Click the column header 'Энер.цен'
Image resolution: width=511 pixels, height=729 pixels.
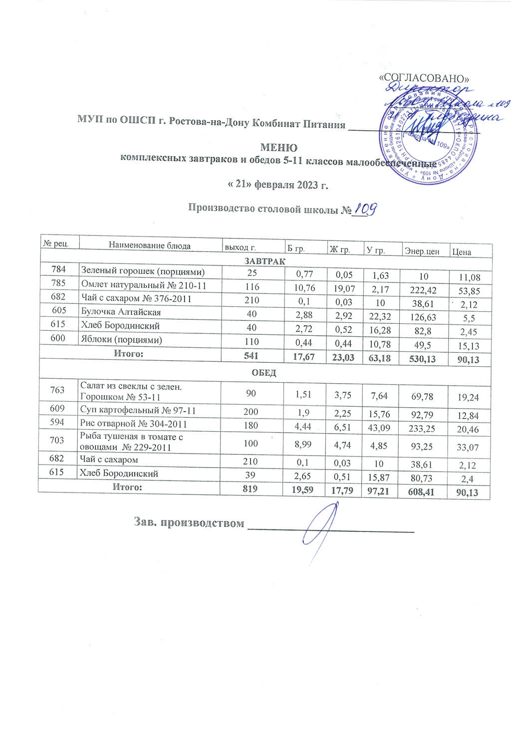coord(422,251)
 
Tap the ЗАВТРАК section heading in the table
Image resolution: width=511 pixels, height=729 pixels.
coord(264,261)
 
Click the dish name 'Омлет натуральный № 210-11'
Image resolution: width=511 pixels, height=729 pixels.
coord(143,286)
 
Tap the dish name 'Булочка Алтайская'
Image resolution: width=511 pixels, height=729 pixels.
coord(121,312)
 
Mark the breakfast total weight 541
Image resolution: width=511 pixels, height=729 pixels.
coord(252,355)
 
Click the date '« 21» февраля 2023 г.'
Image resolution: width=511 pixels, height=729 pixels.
coord(278,185)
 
